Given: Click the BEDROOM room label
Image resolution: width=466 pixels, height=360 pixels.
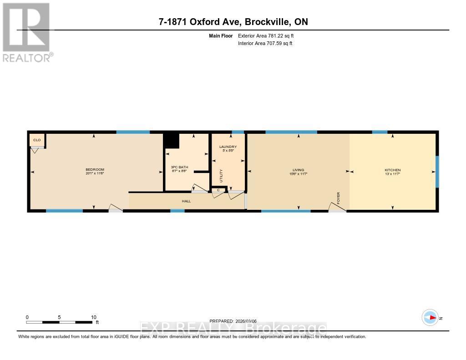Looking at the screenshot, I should [x=95, y=169].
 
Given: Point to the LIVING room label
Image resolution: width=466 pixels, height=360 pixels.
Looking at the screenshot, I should [x=298, y=170].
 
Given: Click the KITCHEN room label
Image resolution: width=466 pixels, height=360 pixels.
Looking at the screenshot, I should [x=392, y=170].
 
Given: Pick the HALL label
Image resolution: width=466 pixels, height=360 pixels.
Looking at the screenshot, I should [x=187, y=201].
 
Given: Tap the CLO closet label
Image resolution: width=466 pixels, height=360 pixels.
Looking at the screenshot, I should [x=37, y=140].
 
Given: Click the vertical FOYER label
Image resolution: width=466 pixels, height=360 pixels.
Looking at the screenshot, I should [x=338, y=198].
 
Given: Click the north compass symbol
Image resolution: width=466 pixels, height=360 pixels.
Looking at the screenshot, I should [x=430, y=318].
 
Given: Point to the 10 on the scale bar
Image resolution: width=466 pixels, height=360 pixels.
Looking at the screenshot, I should [x=93, y=317].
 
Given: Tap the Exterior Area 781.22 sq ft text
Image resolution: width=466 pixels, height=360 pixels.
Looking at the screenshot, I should [x=269, y=35].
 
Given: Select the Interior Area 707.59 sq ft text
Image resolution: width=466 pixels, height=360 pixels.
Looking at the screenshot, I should [x=265, y=43].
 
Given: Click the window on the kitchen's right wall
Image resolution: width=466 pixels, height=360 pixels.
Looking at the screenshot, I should [x=437, y=172].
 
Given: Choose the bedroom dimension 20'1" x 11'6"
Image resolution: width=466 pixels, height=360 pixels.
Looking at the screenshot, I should [x=95, y=173].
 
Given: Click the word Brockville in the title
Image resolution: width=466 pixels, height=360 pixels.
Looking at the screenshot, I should [x=270, y=22].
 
